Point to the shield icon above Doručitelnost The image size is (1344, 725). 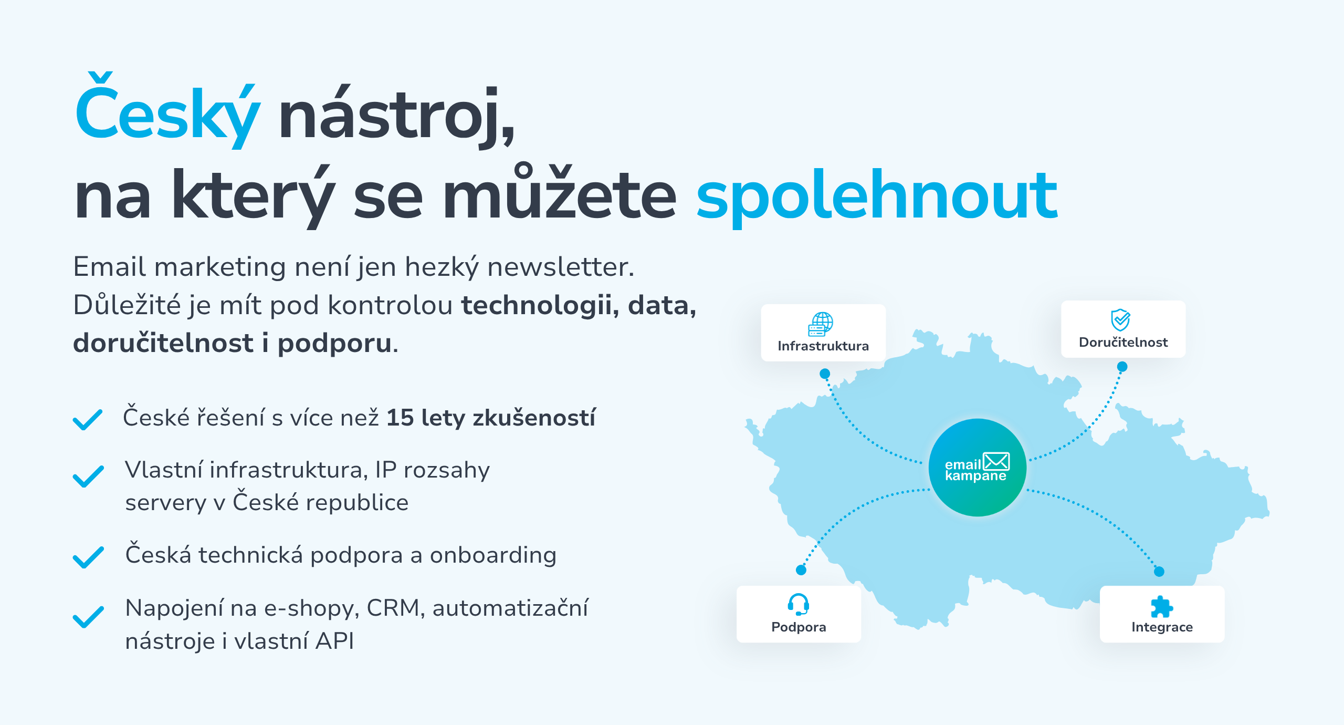pos(1120,319)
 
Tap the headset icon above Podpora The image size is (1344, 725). pos(799,605)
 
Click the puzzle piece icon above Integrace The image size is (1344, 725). pos(1161,607)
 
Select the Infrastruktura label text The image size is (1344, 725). pos(823,346)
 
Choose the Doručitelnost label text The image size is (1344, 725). pos(1123,343)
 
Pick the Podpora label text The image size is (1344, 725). pos(799,627)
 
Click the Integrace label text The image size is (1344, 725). pos(1162,627)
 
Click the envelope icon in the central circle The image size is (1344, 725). pos(996,461)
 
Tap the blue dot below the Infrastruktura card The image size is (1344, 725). pos(825,374)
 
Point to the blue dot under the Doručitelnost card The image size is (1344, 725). pos(1122,366)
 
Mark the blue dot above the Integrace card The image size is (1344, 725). pos(1159,572)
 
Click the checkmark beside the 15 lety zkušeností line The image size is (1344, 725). pos(88,420)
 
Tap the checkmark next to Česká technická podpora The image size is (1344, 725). pos(88,557)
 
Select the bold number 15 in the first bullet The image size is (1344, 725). pos(400,418)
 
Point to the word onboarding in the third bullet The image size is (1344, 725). pos(493,555)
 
